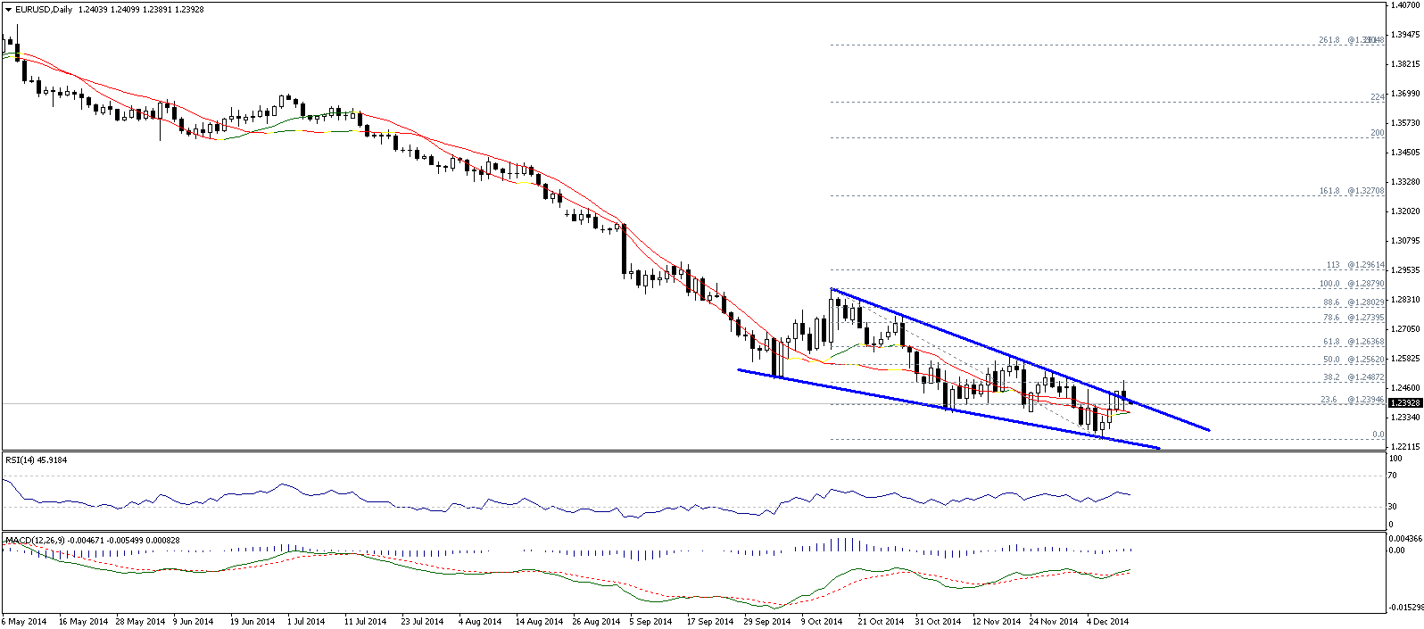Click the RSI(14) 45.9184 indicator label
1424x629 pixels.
[x=37, y=460]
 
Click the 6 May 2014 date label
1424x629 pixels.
[x=23, y=621]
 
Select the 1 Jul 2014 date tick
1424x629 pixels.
[x=306, y=621]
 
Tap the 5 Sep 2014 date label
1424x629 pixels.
[x=650, y=621]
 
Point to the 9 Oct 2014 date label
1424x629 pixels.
[x=821, y=621]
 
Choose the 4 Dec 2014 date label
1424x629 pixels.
[x=1107, y=621]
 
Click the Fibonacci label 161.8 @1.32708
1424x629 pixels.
[x=1352, y=191]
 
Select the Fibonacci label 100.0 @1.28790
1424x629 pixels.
[x=1352, y=284]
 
